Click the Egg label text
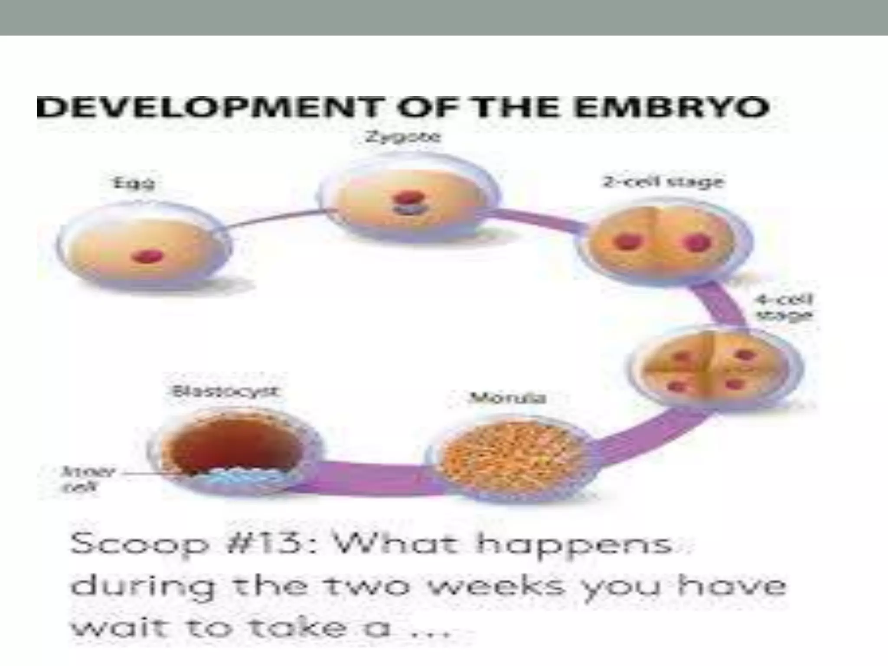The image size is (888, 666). tap(134, 183)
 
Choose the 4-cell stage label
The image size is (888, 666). tap(784, 307)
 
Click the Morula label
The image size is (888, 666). tap(508, 398)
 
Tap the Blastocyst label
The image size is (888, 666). tap(225, 392)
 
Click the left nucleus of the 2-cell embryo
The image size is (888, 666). tap(627, 242)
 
